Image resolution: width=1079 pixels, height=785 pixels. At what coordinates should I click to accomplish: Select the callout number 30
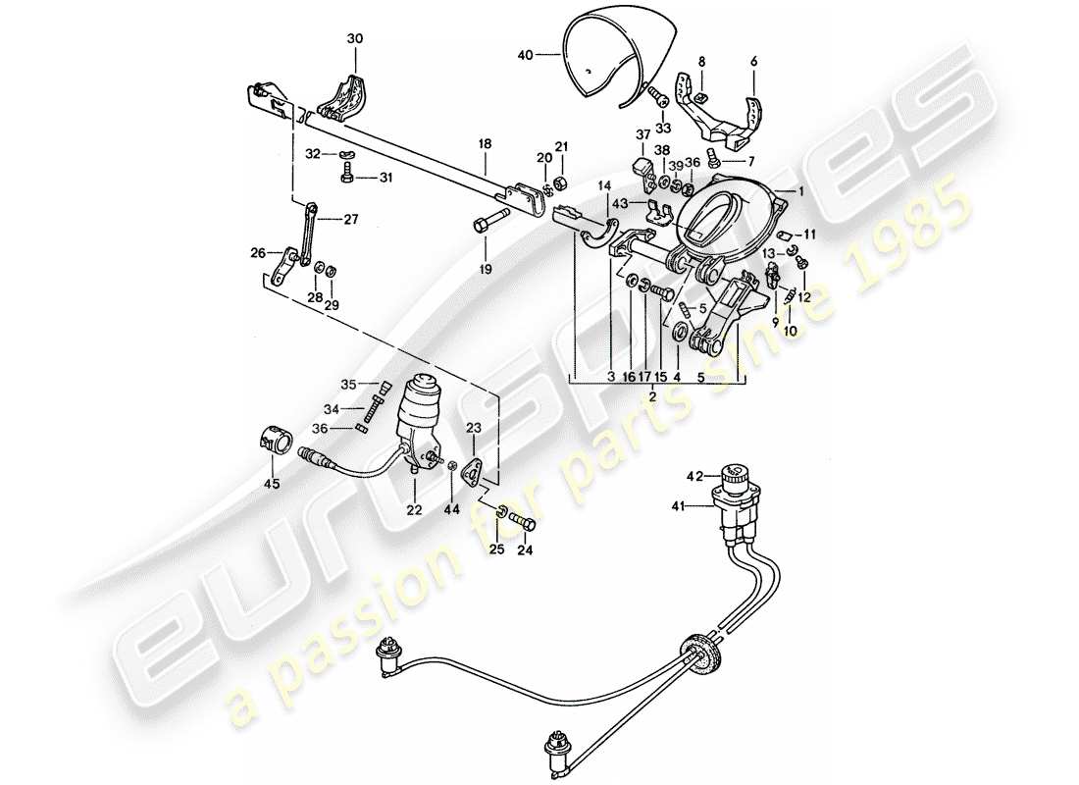coord(355,38)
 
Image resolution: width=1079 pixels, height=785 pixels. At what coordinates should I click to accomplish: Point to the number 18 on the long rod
coord(484,143)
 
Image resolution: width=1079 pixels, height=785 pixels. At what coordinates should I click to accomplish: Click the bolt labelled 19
coord(489,224)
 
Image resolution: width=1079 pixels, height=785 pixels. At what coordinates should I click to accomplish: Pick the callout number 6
coord(754,61)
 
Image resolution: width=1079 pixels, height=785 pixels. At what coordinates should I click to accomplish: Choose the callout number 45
coord(272,482)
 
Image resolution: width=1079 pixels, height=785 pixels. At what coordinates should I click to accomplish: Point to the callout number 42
coord(694,477)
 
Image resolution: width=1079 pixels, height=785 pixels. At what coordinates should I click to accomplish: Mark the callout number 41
coord(694,507)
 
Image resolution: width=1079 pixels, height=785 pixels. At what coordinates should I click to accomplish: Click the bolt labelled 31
coord(348,177)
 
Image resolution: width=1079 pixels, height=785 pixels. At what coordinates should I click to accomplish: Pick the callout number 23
coord(474,428)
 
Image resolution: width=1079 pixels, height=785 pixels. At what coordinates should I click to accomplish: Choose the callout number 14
coord(602,184)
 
